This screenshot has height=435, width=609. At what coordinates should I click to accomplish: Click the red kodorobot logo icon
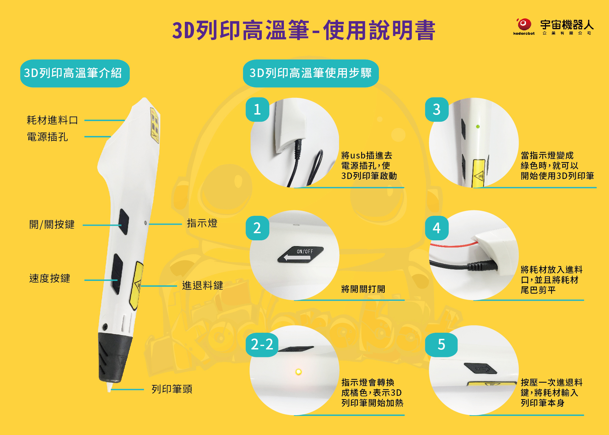coord(524,25)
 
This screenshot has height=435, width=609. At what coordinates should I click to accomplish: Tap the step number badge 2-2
coord(262,345)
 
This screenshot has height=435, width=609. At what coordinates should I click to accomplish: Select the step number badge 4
coord(437,228)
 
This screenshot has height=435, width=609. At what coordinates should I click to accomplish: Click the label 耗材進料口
coord(52,120)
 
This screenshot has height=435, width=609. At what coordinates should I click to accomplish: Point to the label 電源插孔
coord(47,137)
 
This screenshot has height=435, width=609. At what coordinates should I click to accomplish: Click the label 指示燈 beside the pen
coord(202,223)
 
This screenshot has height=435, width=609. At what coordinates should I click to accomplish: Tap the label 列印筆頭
coord(172,389)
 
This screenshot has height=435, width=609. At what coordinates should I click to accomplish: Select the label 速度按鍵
coord(50,278)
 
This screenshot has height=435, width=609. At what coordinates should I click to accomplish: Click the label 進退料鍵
coord(203,285)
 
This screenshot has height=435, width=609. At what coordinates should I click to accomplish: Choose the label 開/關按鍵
coord(52,224)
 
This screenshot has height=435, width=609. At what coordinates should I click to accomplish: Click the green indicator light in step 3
coord(478,126)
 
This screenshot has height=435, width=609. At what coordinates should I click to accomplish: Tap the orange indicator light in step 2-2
coord(299,372)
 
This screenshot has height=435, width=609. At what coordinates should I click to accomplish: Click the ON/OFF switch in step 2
coord(301,254)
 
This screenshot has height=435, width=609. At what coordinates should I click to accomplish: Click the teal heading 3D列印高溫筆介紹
coord(75,73)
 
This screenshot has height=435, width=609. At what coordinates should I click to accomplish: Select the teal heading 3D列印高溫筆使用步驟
coord(311,73)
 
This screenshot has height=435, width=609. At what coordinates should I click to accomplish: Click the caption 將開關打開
coord(363,289)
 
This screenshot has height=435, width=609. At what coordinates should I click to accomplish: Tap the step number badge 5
coord(441,345)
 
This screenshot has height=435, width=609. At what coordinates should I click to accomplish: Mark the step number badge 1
coord(257,109)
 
